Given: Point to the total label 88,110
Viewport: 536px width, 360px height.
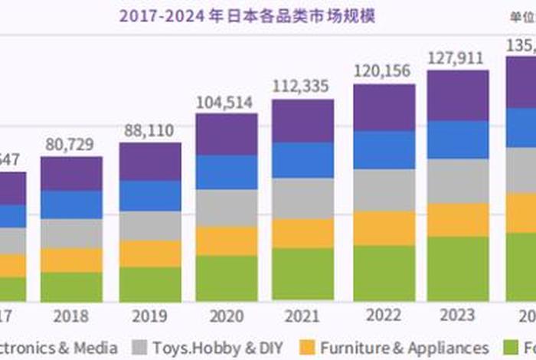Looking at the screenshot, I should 149,129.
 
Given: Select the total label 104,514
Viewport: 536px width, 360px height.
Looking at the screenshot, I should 227,101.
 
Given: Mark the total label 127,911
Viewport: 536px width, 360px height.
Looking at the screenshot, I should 458,57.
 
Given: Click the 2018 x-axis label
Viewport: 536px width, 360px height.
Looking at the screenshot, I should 70,316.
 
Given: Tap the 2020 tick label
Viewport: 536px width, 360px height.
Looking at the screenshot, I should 227,316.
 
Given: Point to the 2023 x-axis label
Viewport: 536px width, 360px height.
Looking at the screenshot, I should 458,315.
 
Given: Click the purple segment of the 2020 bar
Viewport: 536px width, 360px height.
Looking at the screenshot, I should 227,134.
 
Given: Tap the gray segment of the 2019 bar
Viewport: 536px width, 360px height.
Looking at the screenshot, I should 149,226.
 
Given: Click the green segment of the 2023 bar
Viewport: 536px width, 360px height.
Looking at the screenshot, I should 458,268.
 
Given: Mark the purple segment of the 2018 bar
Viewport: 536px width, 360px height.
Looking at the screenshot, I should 70,173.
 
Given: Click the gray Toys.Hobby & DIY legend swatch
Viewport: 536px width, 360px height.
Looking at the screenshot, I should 139,348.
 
